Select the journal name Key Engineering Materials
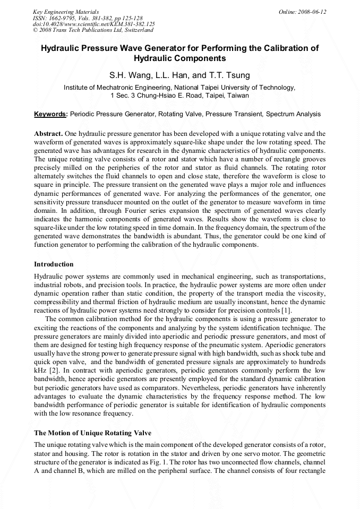click(x=65, y=12)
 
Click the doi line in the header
click(x=93, y=24)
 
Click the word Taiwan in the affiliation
click(x=238, y=96)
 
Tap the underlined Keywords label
click(x=50, y=114)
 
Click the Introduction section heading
click(x=54, y=264)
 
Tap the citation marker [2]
click(x=54, y=369)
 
